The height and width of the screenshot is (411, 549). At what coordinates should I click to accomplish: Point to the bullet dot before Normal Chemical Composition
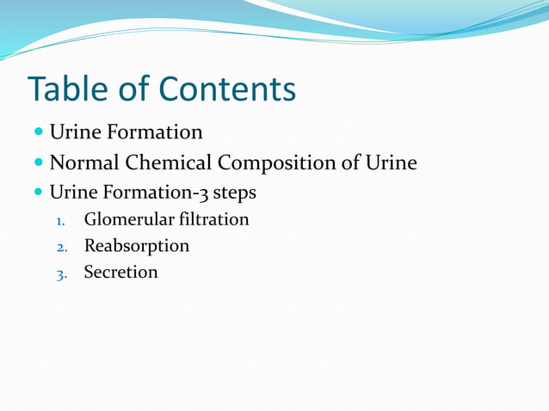pos(39,163)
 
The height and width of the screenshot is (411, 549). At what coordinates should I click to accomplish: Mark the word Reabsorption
pos(136,246)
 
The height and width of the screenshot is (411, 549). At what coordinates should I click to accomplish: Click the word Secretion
pos(120,273)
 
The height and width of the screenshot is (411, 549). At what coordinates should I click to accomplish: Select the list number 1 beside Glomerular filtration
pos(60,221)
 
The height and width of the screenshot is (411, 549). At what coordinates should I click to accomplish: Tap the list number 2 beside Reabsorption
pos(60,247)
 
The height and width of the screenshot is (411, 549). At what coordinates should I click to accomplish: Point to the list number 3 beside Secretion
pos(60,274)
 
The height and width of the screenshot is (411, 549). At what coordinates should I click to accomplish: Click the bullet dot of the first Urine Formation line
pos(39,133)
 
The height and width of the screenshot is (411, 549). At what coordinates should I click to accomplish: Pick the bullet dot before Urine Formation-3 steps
pos(39,191)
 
